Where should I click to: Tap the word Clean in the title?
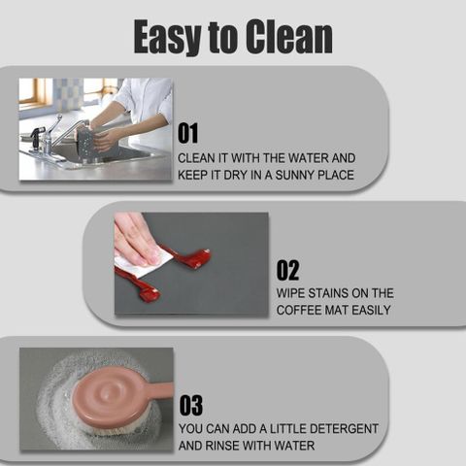tap(288, 36)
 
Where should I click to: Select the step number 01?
tap(187, 133)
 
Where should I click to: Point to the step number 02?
tap(287, 270)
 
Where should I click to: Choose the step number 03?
tap(191, 405)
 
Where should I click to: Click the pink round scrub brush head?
tap(110, 397)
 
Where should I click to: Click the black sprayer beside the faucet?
tap(36, 139)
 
